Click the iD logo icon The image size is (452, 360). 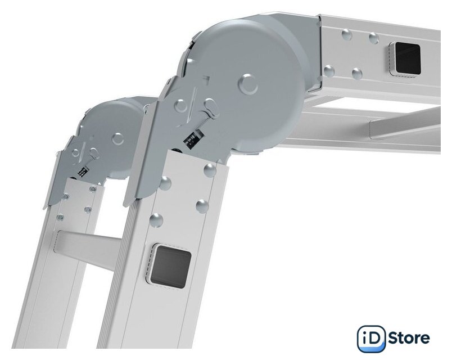tap(371, 339)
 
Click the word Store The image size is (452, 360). tap(409, 338)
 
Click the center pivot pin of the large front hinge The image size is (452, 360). tap(248, 84)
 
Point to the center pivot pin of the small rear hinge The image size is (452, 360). tap(117, 139)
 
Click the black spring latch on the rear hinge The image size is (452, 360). tap(82, 171)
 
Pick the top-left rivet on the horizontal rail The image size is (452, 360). tap(347, 35)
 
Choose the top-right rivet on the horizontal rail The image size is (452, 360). tap(374, 38)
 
